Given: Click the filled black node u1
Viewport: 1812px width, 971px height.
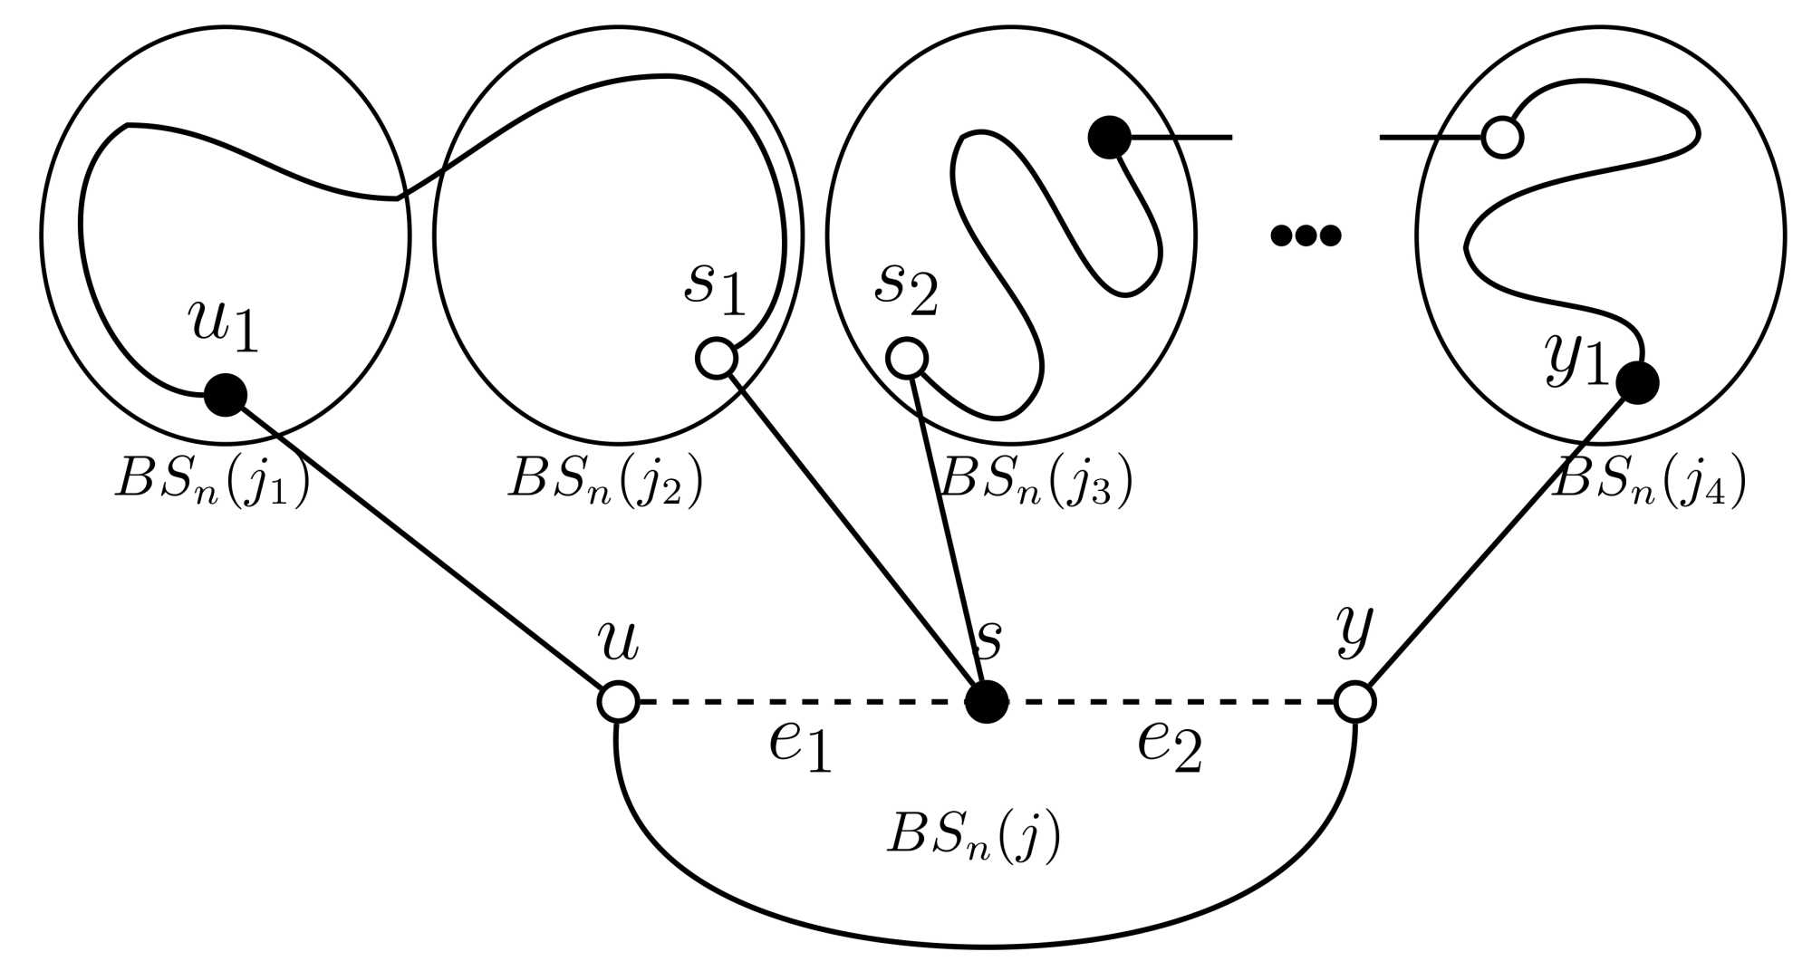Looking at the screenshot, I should pos(225,394).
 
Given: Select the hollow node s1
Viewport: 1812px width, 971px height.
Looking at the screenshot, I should pos(716,358).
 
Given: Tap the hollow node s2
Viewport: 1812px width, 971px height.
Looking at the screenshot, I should pos(906,358).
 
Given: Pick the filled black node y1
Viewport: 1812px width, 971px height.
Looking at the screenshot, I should pos(1637,381).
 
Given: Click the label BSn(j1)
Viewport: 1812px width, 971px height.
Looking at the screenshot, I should pos(212,481).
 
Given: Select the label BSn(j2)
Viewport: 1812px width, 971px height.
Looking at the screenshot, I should pos(605,481).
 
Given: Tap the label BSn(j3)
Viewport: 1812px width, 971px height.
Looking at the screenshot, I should pos(1036,481).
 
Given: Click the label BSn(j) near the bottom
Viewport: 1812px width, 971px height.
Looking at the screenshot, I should pos(973,835).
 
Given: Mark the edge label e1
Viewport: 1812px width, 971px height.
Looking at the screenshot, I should pos(800,745).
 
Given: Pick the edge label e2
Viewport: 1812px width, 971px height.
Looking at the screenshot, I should pos(1170,745).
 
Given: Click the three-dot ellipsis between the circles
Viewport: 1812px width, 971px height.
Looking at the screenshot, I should pos(1306,236).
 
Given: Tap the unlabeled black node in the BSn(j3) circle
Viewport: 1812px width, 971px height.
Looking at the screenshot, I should pos(1109,138).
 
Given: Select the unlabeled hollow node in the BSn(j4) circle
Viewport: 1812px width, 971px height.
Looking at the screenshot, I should pos(1502,138).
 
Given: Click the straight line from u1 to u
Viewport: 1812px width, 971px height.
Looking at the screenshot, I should pos(421,548).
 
